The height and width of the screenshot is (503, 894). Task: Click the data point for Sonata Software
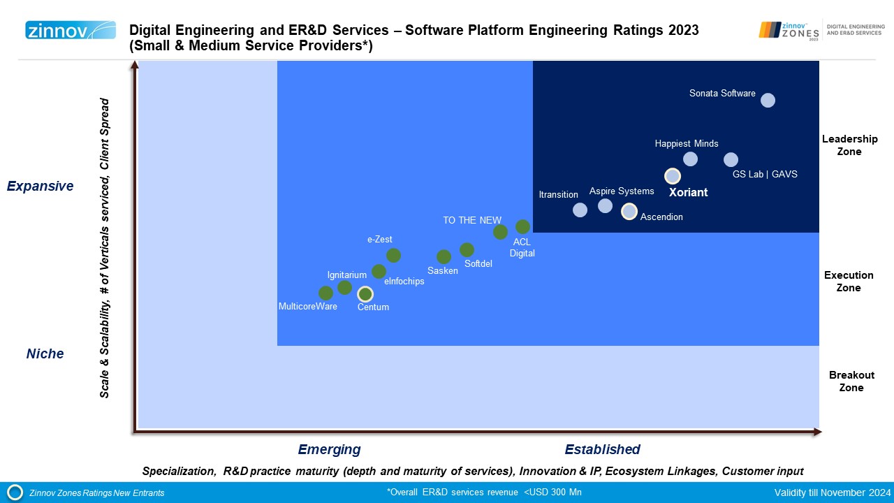coord(768,100)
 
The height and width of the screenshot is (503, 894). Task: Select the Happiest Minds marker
coord(690,159)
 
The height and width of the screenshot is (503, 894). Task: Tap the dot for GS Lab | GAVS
coord(731,159)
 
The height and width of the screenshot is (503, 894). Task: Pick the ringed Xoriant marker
coord(672,176)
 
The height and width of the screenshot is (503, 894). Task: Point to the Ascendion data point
coord(629,211)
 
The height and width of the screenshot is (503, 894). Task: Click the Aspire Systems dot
coord(605,205)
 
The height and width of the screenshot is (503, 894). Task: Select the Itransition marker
coord(580,210)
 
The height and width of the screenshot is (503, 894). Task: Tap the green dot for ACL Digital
coord(522,226)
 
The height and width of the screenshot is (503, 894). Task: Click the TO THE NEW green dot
coord(500,232)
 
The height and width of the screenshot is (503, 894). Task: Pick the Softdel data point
coord(467,249)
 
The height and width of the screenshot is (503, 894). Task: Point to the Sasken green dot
coord(444,256)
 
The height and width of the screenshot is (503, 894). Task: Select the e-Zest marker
coord(393,255)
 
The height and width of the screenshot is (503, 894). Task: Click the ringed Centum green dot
coord(365,294)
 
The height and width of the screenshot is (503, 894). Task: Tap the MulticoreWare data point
coord(325,293)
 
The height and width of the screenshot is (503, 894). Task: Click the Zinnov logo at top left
coord(71,30)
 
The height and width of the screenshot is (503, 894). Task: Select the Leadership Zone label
coord(849,145)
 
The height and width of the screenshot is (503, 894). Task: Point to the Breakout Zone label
coord(851,381)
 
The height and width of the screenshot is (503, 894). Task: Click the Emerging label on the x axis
coord(329,449)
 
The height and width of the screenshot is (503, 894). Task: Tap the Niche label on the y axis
coord(45,354)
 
